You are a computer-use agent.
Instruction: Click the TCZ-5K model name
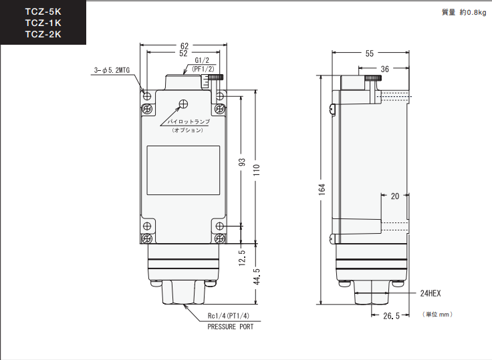(x=43, y=11)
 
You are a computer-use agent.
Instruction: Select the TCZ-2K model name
(x=43, y=34)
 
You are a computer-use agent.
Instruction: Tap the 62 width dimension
(x=184, y=46)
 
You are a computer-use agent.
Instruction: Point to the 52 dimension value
(x=183, y=53)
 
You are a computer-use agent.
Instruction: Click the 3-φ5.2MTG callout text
(x=112, y=70)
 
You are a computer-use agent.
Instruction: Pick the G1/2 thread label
(x=202, y=61)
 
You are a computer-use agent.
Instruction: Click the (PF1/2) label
(x=203, y=69)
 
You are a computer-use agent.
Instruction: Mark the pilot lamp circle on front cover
(x=183, y=104)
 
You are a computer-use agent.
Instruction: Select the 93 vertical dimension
(x=242, y=162)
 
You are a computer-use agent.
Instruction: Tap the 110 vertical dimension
(x=257, y=170)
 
